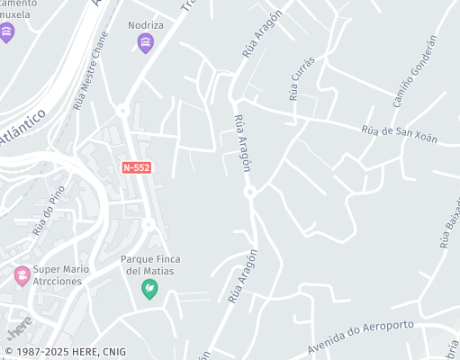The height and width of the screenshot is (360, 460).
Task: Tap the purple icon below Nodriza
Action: point(146,43)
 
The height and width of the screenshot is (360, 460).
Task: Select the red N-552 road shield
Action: point(136,168)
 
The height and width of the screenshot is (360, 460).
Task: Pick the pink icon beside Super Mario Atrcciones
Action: point(22,275)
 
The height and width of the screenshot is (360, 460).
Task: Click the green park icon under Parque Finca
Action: point(150,289)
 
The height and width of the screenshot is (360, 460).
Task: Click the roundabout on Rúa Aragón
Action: point(250,191)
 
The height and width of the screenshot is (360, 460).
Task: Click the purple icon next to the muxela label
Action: point(8,33)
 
